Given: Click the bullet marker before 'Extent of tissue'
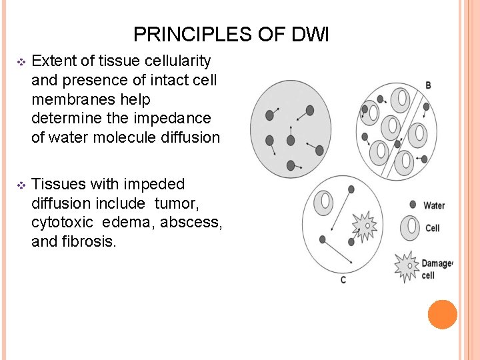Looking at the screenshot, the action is [x=21, y=62].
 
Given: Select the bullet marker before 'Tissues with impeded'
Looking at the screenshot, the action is [x=21, y=185].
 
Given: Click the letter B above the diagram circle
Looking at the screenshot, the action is [x=428, y=85].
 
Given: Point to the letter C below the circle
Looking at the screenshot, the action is [x=343, y=280].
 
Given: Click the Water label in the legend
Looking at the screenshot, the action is [x=434, y=205].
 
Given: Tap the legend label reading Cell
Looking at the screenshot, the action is [x=433, y=229].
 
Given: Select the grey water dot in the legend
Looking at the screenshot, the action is [x=413, y=205].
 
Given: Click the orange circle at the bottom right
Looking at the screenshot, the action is [x=443, y=315].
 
